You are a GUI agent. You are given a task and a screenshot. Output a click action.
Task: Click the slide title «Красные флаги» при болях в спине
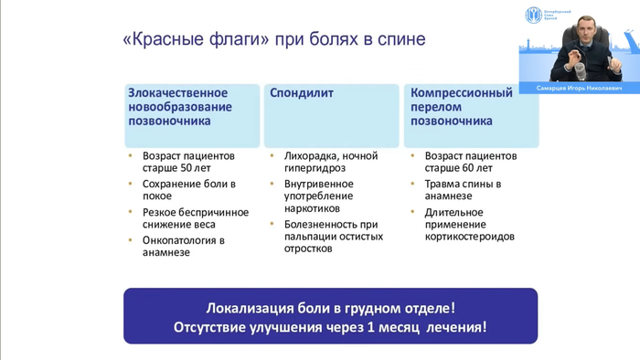pos(273,41)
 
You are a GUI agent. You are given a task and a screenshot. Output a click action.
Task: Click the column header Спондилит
pos(301,93)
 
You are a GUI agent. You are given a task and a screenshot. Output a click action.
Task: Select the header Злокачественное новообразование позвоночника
pos(179,107)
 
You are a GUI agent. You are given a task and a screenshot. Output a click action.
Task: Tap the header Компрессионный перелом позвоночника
pos(464,107)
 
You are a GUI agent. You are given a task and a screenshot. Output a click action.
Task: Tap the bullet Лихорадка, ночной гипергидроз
pos(330,162)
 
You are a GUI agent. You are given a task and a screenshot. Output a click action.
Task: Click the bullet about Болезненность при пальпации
pos(330,236)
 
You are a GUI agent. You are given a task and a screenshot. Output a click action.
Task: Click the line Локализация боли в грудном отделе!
pos(330,307)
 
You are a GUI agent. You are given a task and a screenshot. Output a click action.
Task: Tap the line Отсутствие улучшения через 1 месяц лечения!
pos(330,327)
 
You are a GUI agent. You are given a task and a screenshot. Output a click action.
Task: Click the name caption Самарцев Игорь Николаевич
pos(576,89)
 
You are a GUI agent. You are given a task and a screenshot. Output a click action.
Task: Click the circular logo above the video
pos(533,16)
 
